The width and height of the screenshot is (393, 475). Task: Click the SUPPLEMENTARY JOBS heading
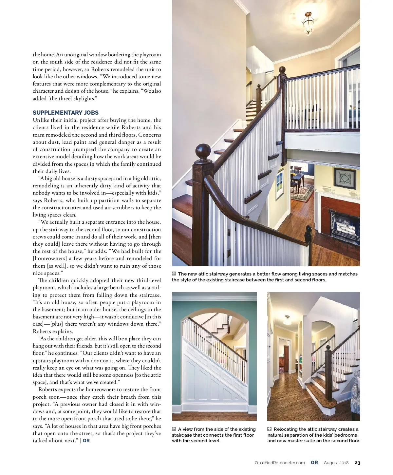[65, 113]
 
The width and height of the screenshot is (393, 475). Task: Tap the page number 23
[357, 463]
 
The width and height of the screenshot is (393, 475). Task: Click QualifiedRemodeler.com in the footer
[280, 463]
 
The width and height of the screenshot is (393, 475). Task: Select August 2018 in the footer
[336, 463]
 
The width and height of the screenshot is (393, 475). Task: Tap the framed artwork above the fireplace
[345, 180]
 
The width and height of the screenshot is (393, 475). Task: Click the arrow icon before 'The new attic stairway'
[174, 274]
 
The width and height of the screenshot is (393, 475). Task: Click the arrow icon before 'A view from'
[174, 429]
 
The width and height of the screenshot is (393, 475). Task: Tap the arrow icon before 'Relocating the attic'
[270, 429]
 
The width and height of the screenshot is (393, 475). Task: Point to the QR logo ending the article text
[86, 441]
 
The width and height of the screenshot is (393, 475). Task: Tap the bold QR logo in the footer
[314, 463]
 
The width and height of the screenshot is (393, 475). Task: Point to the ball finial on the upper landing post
[282, 70]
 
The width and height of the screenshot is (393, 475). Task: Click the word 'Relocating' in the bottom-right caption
[286, 429]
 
